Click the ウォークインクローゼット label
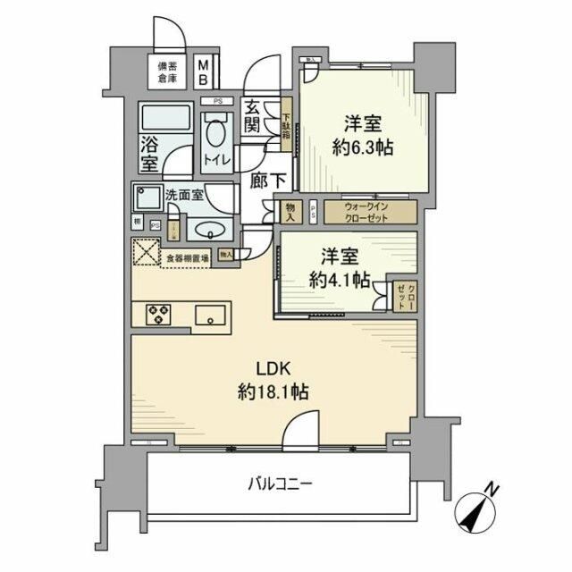369,212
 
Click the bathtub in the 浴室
164,118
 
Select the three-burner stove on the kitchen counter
159,315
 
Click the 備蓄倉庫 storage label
168,71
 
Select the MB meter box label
203,72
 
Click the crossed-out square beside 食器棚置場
145,254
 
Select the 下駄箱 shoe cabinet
286,127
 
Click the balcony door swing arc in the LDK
300,429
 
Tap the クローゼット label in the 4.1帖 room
401,296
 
